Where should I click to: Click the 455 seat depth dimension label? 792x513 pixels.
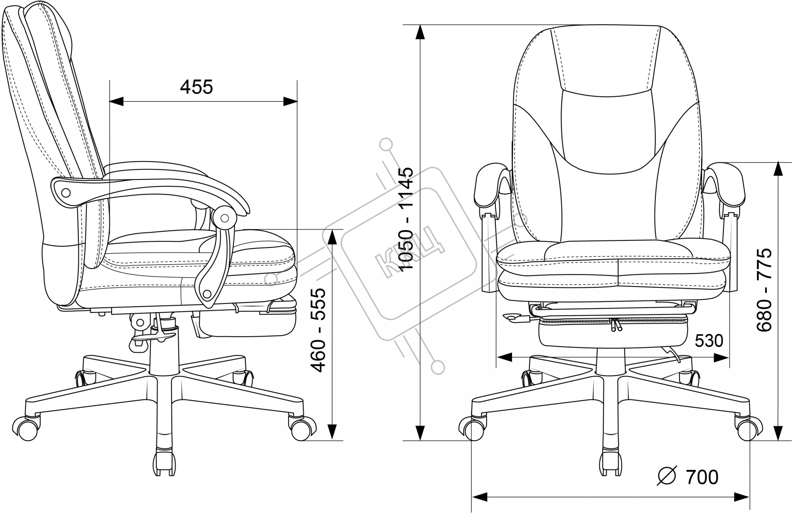pyautogui.click(x=196, y=87)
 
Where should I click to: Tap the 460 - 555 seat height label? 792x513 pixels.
pyautogui.click(x=318, y=330)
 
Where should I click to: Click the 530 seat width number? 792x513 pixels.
pyautogui.click(x=709, y=340)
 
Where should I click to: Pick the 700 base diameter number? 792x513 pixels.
pyautogui.click(x=702, y=477)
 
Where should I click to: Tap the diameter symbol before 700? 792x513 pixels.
pyautogui.click(x=666, y=477)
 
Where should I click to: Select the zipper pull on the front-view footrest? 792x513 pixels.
pyautogui.click(x=615, y=324)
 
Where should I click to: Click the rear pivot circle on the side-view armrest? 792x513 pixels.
pyautogui.click(x=66, y=193)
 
